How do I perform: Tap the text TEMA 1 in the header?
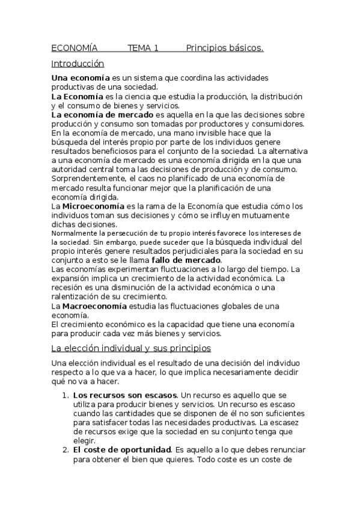coord(142,48)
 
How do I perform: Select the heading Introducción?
coord(78,63)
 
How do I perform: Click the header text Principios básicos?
coord(225,48)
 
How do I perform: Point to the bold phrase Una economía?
coord(81,78)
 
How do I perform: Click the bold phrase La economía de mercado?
coord(102,114)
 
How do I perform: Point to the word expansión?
coord(71,279)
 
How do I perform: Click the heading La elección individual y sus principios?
coord(130,348)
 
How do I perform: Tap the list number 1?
coord(65,395)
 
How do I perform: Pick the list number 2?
coord(65,449)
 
